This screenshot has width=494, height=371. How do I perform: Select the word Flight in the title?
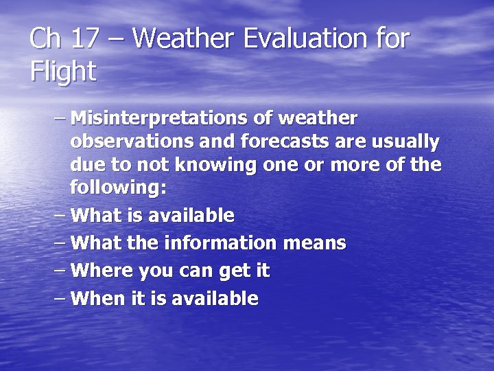pos(63,71)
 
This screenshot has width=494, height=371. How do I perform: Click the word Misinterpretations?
pos(159,118)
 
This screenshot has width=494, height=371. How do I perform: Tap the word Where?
pos(102,271)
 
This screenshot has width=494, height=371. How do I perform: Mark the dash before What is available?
pos(60,216)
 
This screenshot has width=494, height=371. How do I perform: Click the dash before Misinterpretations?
pos(60,119)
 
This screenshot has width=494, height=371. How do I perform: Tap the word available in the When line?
pos(214,298)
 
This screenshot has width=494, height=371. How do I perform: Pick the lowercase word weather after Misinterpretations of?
pos(317,118)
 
